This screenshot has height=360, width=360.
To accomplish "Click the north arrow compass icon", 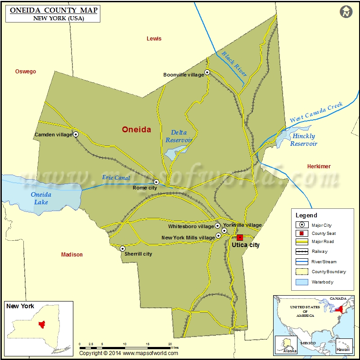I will pos(346,12).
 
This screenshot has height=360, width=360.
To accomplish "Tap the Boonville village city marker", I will pos(207,72).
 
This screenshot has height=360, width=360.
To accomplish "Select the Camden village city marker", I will pos(76,134).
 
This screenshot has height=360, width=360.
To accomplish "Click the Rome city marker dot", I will pos(156,182).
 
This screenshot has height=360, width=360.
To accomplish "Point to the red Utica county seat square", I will pos(239,237).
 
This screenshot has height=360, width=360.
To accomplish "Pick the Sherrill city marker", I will pos(122,248).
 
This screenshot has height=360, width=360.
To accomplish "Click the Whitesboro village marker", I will pos(217,226).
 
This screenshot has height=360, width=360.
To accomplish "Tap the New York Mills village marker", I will pos(218,235).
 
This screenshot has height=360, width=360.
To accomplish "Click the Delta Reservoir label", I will pos(179,136).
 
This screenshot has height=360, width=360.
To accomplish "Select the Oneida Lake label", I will pos(41,198).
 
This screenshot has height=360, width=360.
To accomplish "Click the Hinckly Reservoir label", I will pos(304,140).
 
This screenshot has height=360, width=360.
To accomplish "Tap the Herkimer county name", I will pos(319,166).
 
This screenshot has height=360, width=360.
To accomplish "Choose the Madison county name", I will pos(72,255).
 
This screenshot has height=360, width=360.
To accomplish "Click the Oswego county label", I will pos(26,72).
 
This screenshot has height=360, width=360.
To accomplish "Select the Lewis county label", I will pos(154,39).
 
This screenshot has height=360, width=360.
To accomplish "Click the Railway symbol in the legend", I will pos(301,252).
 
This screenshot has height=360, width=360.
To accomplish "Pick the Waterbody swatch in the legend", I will pos(301,282).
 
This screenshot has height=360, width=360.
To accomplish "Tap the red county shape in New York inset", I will pos(42,324).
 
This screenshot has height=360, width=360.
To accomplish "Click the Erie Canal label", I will pos(116,178).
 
